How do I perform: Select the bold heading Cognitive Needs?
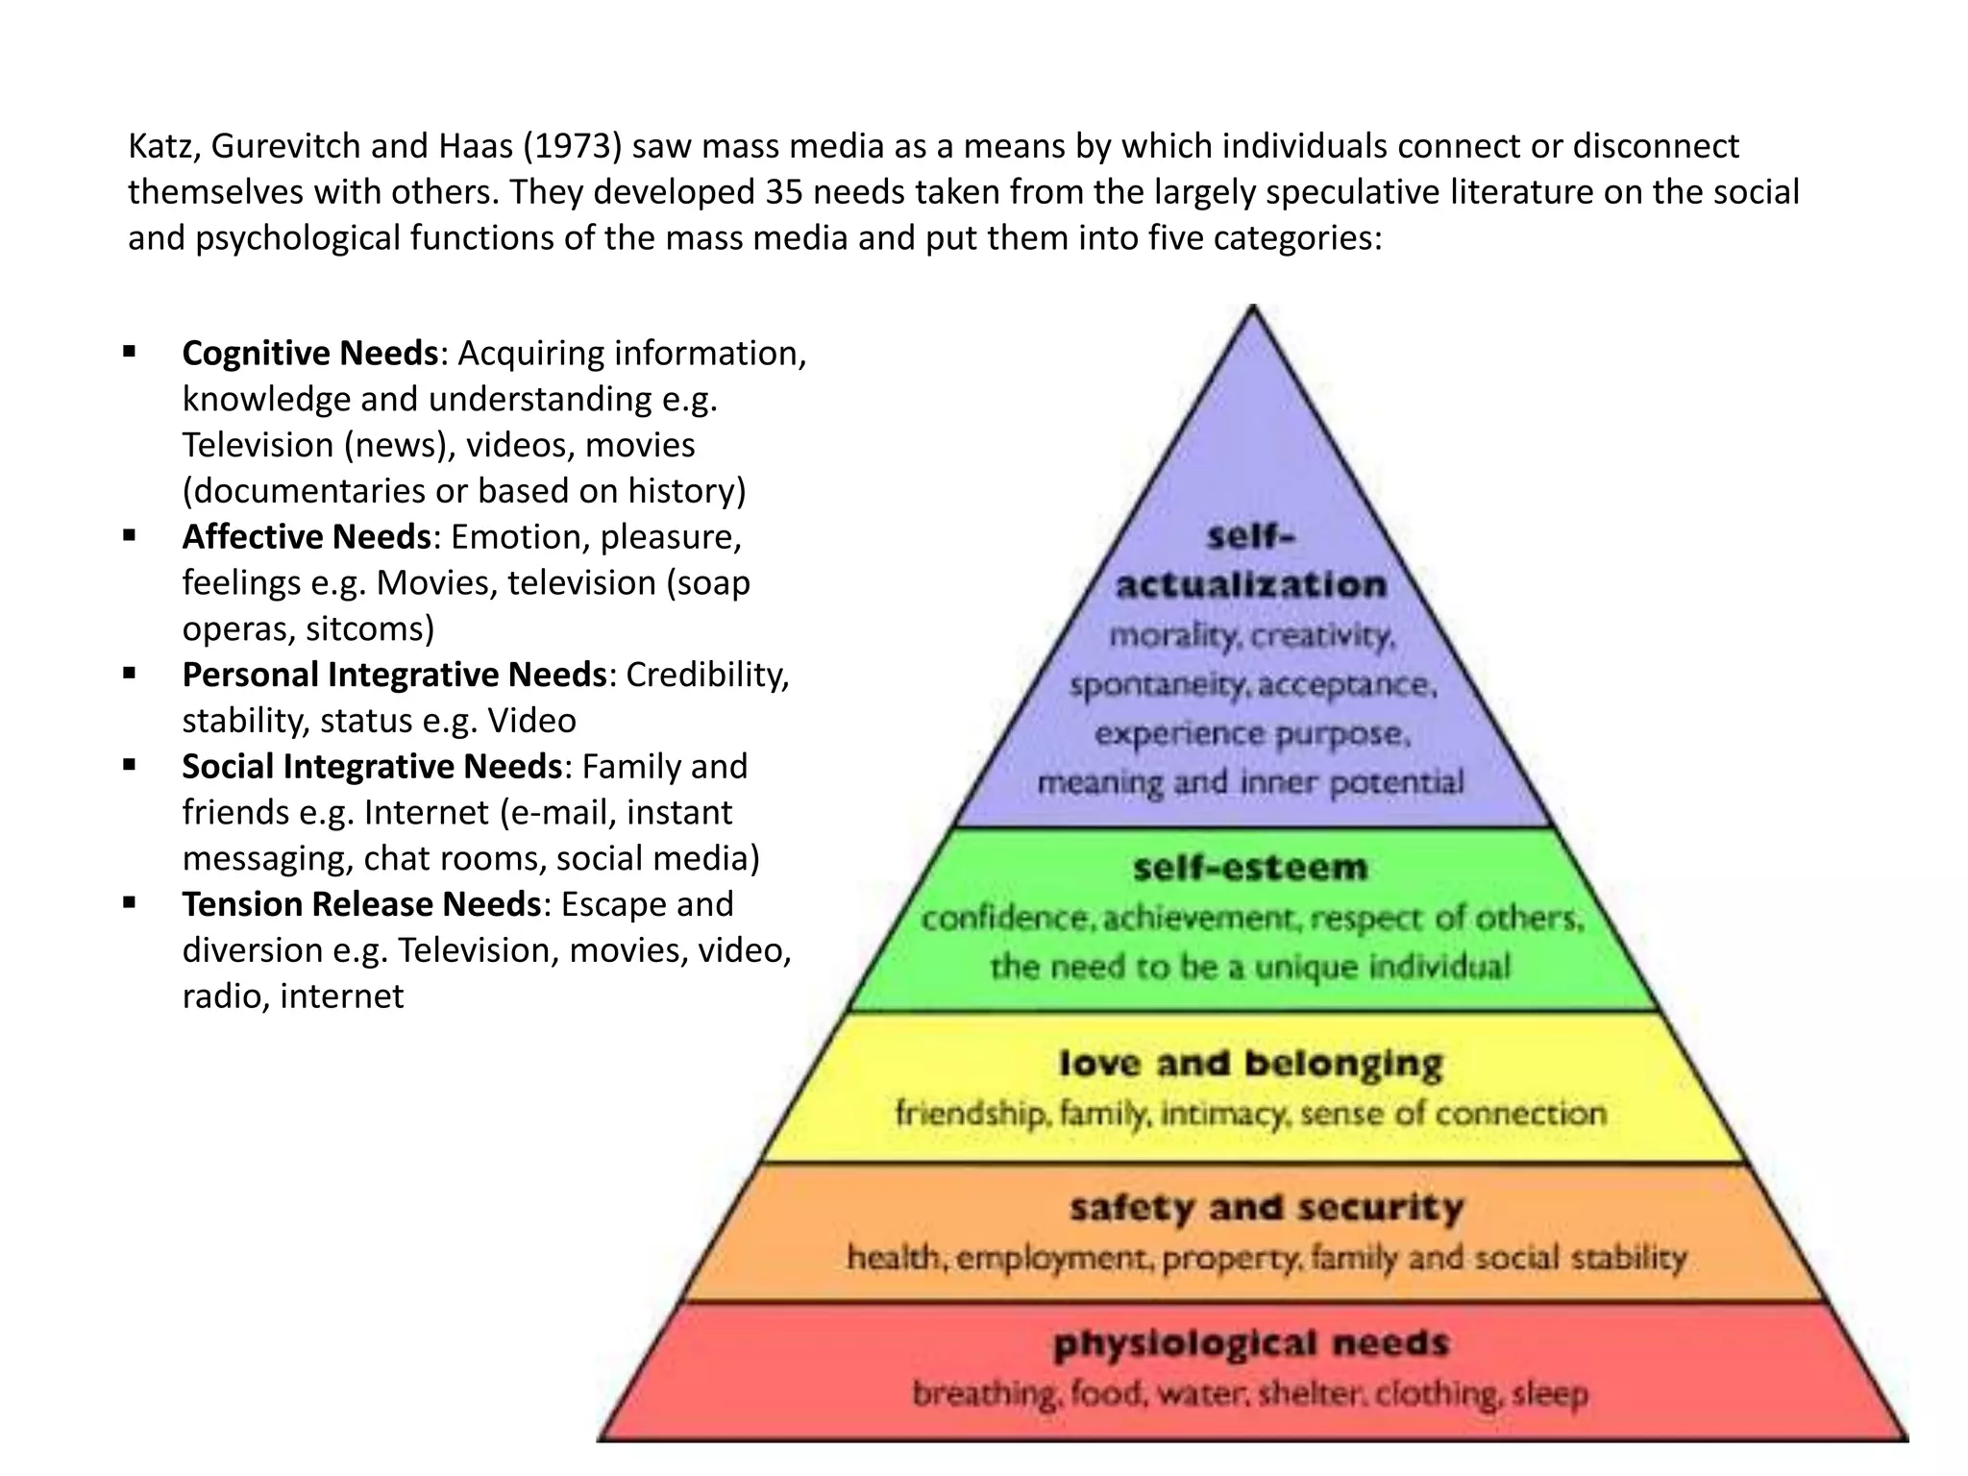click(309, 354)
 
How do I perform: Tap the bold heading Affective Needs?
click(307, 537)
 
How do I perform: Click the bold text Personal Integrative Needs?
click(394, 675)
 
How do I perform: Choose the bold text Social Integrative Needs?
click(372, 767)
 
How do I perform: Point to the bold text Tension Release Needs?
click(362, 904)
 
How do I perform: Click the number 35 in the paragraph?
click(785, 192)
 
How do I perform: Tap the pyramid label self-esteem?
click(1250, 868)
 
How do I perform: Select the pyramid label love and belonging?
click(1250, 1063)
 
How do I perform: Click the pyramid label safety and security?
click(1267, 1207)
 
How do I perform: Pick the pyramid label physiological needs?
click(1250, 1343)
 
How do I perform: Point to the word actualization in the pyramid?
click(1251, 584)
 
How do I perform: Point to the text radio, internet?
click(293, 996)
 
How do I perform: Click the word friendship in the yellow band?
click(972, 1114)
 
